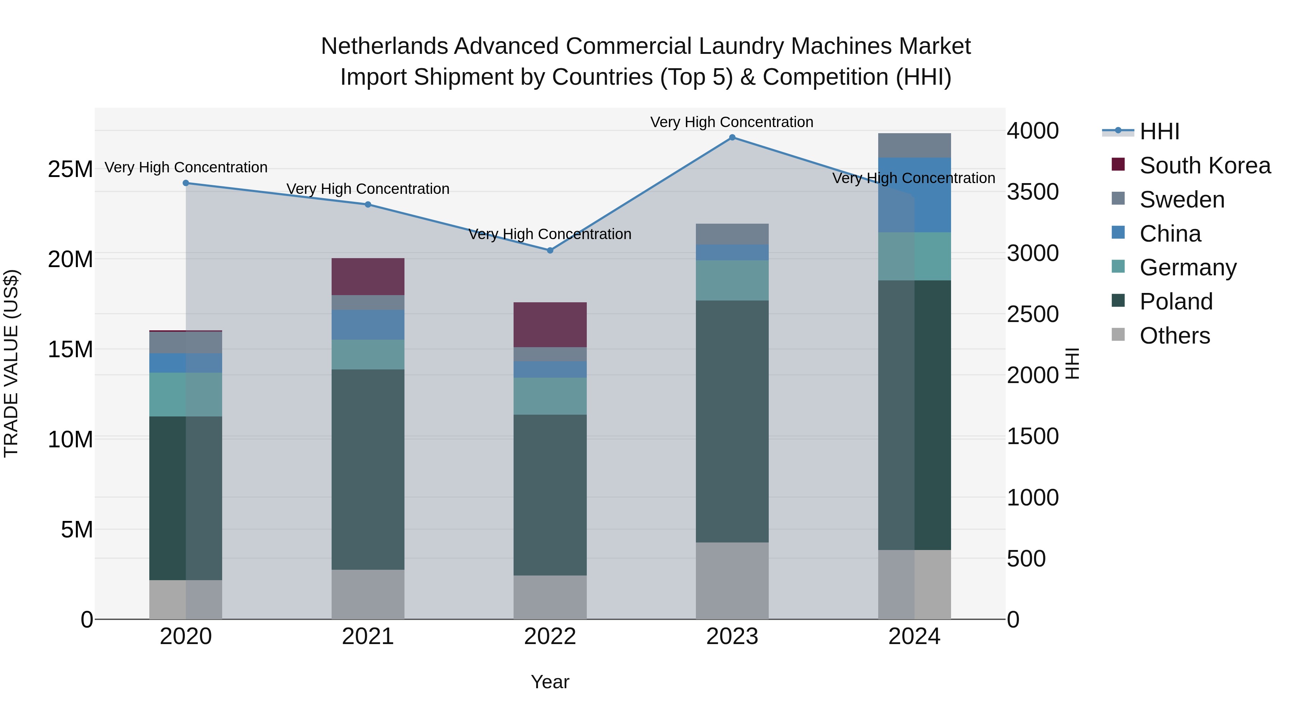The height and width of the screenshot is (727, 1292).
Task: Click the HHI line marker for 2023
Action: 732,138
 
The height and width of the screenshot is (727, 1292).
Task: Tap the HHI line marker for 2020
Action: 186,183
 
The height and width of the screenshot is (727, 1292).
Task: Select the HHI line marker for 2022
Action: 550,250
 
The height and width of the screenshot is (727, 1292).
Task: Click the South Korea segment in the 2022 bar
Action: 550,325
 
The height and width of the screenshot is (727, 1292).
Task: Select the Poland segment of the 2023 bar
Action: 732,421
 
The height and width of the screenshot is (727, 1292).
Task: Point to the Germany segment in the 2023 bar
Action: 732,280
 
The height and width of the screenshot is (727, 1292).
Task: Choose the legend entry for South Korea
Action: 1205,166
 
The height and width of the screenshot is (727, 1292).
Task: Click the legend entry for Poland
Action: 1176,302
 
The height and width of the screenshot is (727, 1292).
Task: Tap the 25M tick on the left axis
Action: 70,169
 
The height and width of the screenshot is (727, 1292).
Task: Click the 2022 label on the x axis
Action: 550,637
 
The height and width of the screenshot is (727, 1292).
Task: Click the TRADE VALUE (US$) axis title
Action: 11,363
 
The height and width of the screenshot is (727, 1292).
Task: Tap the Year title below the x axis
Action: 550,682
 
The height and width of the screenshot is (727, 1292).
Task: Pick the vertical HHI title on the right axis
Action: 1071,363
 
